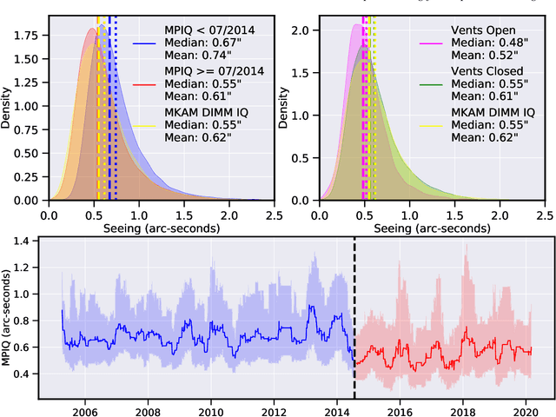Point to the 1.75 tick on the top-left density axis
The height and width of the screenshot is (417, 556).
coord(25,36)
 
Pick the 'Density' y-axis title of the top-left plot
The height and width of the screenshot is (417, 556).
coord(8,110)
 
